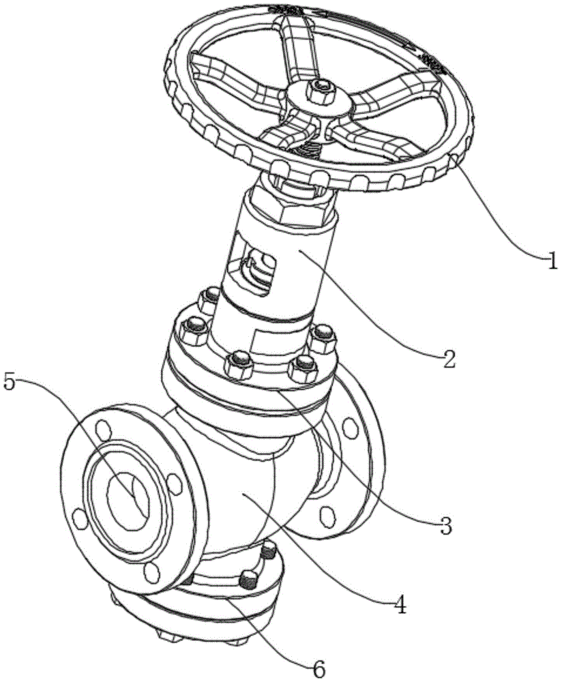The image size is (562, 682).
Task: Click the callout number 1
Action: tap(552, 263)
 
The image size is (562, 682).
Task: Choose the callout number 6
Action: tap(318, 669)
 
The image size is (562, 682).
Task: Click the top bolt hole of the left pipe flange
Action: tap(102, 430)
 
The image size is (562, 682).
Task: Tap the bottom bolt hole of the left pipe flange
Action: tap(151, 573)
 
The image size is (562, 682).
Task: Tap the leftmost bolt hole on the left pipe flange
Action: tap(80, 518)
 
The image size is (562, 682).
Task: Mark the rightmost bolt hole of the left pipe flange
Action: tap(174, 484)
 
